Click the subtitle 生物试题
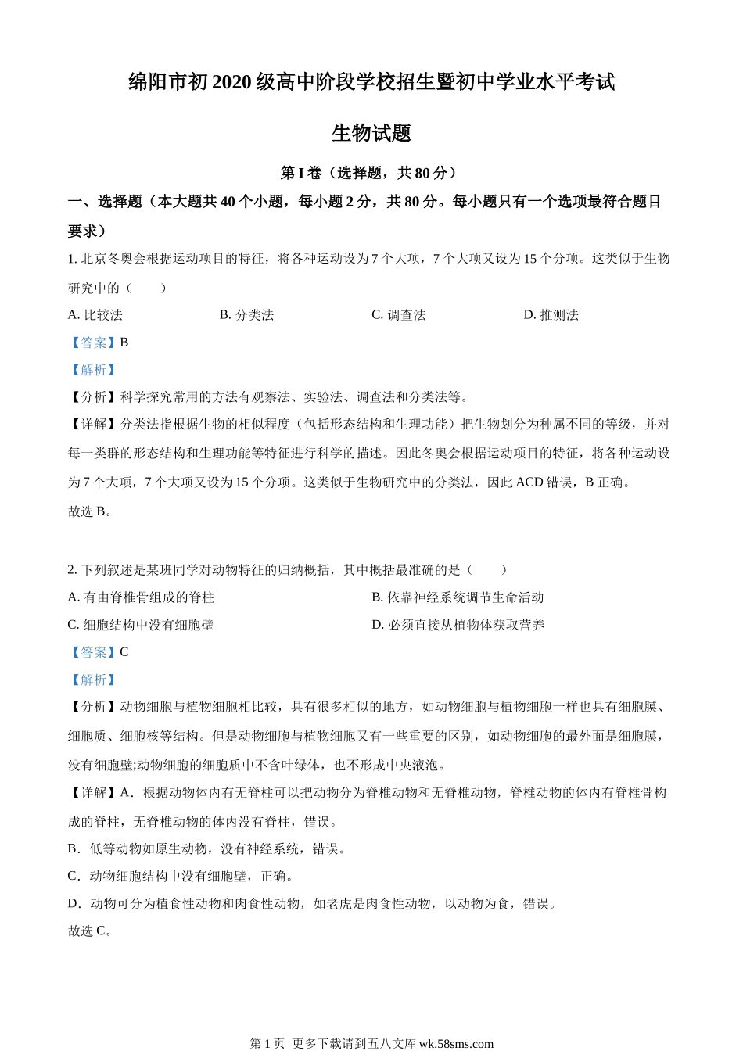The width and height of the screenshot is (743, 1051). point(371,133)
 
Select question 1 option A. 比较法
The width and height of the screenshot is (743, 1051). point(95,315)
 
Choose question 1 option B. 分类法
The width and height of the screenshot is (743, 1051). point(246,315)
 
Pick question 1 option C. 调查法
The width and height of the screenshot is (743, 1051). point(399,315)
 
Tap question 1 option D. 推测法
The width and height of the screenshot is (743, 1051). point(551,315)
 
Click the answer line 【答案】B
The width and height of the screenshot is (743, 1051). point(99,343)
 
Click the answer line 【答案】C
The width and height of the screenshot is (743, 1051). point(99,652)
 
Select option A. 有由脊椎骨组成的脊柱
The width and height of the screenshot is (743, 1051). point(141,597)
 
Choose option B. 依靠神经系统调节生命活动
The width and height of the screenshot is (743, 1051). point(458,597)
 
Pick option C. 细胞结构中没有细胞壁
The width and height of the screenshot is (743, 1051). point(141,625)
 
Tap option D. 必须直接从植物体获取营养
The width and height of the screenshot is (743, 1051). point(458,625)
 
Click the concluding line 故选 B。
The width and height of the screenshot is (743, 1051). point(91,511)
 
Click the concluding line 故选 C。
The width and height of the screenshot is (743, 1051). point(91,931)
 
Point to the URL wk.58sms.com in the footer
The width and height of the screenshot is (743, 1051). point(457,1043)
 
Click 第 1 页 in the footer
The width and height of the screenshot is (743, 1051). point(267,1043)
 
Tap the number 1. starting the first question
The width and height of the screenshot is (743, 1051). point(72,259)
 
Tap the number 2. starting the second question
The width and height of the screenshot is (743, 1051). point(72,570)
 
